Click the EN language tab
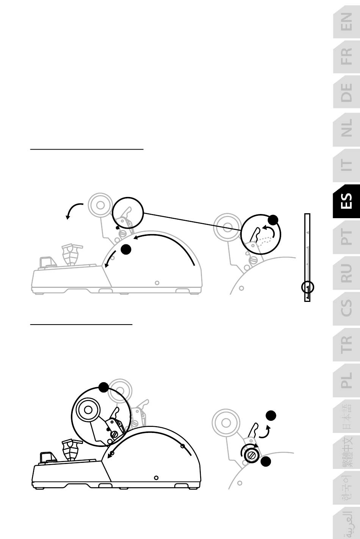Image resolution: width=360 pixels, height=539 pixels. pyautogui.click(x=346, y=22)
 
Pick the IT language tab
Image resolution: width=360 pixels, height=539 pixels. pyautogui.click(x=346, y=165)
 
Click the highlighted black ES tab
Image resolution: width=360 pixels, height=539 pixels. pyautogui.click(x=346, y=201)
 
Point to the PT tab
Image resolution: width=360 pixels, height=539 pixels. pyautogui.click(x=346, y=237)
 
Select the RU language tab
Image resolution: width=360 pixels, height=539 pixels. pyautogui.click(x=346, y=273)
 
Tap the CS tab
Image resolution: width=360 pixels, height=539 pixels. pyautogui.click(x=346, y=309)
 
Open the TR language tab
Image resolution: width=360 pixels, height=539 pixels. pyautogui.click(x=346, y=345)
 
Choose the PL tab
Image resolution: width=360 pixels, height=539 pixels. pyautogui.click(x=346, y=380)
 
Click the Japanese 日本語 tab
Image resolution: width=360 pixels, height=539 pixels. pyautogui.click(x=346, y=416)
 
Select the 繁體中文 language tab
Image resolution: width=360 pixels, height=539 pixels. pyautogui.click(x=346, y=452)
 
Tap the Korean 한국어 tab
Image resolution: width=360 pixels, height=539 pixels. pyautogui.click(x=346, y=488)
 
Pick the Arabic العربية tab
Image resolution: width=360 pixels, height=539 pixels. pyautogui.click(x=346, y=523)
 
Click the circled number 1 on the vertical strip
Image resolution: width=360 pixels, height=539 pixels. pyautogui.click(x=307, y=287)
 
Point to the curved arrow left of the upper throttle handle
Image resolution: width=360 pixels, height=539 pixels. pyautogui.click(x=72, y=209)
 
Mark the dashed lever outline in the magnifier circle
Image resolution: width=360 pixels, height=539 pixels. pyautogui.click(x=265, y=240)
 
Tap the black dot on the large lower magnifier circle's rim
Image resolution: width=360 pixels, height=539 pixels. pyautogui.click(x=104, y=387)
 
